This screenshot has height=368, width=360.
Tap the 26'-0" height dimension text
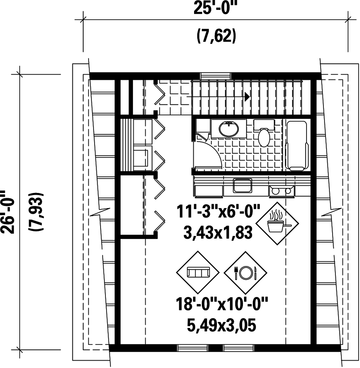pyautogui.click(x=8, y=212)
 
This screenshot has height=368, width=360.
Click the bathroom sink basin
pyautogui.click(x=229, y=129)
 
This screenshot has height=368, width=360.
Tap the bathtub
pyautogui.click(x=297, y=146)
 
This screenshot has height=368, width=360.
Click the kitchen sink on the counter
pyautogui.click(x=242, y=186)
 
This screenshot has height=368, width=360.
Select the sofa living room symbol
pyautogui.click(x=198, y=272)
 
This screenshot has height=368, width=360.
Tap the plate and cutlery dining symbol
pyautogui.click(x=246, y=272)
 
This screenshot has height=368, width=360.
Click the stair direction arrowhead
pyautogui.click(x=247, y=96)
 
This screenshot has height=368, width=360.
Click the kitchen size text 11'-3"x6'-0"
pyautogui.click(x=218, y=213)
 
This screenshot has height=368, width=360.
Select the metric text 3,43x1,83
pyautogui.click(x=218, y=233)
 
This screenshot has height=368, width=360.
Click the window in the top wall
pyautogui.click(x=216, y=76)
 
